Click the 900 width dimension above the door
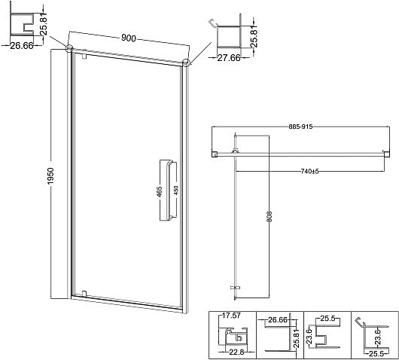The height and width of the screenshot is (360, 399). pos(129,38)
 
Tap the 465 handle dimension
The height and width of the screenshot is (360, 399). pos(159,192)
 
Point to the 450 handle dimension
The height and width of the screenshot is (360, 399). pos(176,191)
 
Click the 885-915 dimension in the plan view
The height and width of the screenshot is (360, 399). pos(300,127)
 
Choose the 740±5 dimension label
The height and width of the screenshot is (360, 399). pos(309,172)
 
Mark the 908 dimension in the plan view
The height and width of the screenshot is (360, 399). pos(270,216)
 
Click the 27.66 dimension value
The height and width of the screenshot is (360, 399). pos(229,58)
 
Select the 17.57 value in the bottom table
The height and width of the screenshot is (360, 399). pos(231,316)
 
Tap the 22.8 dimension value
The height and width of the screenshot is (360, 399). pos(236,352)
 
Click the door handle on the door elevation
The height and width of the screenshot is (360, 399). pos(169,191)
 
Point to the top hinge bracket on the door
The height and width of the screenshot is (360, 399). pos(84,56)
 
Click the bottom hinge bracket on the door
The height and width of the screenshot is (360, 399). pos(84,293)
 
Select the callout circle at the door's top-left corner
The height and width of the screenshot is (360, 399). pos(69,48)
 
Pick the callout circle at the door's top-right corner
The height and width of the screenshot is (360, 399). pos(186,63)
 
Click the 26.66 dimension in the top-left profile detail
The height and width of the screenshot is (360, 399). pos(22,46)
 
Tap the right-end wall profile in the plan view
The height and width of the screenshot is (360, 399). pos(385,154)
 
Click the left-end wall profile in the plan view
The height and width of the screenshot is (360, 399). pos(215,154)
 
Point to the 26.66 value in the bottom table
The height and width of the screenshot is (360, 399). pos(278,320)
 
